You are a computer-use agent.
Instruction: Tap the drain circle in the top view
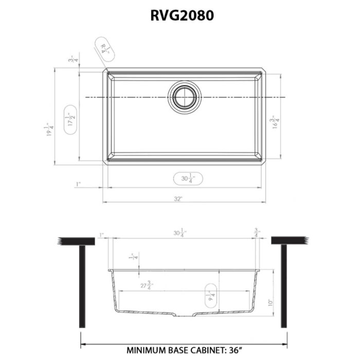pos(184,97)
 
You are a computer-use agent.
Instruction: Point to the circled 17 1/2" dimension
pos(71,119)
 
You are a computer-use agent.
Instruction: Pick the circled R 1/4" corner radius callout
pos(105,49)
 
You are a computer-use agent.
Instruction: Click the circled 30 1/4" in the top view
pos(187,179)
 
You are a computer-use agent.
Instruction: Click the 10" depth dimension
pos(271,303)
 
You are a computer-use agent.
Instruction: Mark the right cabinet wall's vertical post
pos(284,285)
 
